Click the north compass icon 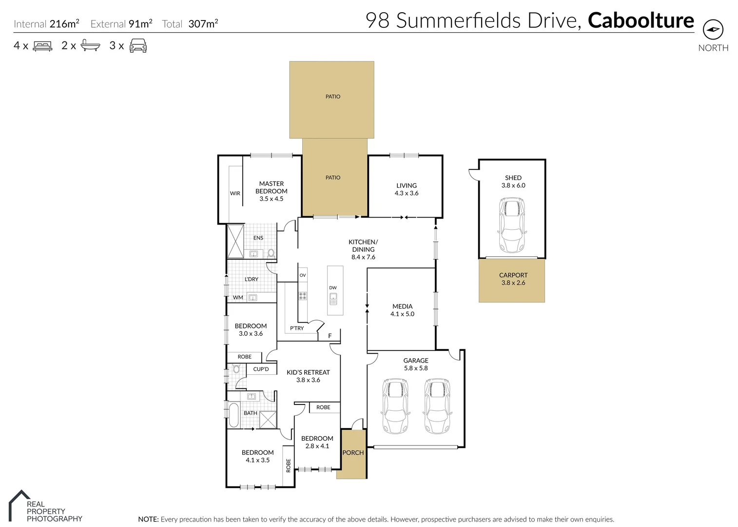713,30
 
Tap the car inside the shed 512,225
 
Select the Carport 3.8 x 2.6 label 513,279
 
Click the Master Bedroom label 272,191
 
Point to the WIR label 235,193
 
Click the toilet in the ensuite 271,253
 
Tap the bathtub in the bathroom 234,415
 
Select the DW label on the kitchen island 333,288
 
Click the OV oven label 303,275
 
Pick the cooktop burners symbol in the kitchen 303,296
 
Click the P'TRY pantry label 296,328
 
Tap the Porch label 353,453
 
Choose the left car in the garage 395,406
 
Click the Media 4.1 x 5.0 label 402,310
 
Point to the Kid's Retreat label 308,376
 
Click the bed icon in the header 42,46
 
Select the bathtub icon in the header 90,46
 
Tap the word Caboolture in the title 641,20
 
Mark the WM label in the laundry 238,297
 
